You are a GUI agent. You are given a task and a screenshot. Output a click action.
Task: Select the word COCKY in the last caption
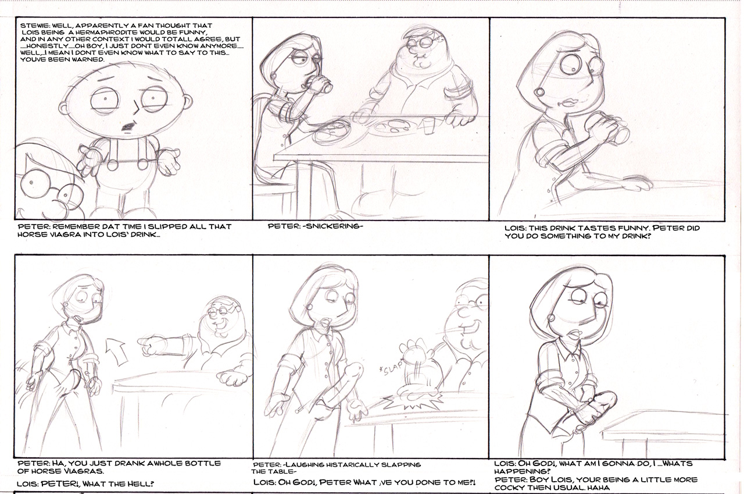coord(507,488)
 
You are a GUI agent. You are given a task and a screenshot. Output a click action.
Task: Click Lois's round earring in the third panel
coord(539,92)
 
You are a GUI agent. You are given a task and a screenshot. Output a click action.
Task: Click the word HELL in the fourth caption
coord(141,484)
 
